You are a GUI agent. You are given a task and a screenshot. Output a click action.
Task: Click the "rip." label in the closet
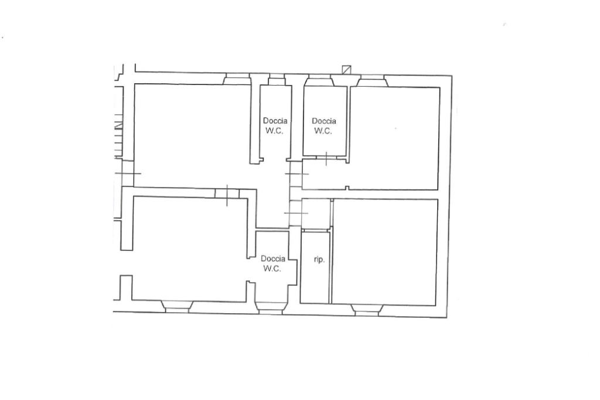(x=319, y=260)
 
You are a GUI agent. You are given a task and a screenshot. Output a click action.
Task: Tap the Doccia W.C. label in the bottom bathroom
(x=272, y=263)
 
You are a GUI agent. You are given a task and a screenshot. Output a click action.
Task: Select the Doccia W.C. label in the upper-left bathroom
(x=275, y=126)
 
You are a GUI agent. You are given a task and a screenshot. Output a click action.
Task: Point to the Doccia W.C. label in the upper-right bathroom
(x=323, y=126)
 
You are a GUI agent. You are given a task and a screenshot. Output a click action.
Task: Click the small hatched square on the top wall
(x=346, y=69)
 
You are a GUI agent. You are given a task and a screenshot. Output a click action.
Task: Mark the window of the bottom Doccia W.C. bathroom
(x=271, y=307)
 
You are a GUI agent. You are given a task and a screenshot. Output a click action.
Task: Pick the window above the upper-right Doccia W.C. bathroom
(x=319, y=80)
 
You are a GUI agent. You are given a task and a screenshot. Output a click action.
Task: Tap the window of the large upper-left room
(x=237, y=79)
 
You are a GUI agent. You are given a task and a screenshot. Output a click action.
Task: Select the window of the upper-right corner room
(x=372, y=81)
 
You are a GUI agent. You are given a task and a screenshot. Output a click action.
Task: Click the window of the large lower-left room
(x=176, y=307)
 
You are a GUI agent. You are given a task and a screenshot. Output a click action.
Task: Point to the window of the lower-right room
(x=367, y=310)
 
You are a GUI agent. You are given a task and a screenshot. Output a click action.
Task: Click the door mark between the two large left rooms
(x=227, y=195)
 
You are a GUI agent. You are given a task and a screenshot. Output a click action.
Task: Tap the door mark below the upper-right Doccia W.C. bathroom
(x=326, y=158)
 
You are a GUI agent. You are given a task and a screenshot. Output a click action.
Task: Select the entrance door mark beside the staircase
(x=128, y=174)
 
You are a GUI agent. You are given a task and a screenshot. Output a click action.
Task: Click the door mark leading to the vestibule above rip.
(x=296, y=213)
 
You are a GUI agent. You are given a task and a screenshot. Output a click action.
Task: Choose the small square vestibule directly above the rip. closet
(x=316, y=214)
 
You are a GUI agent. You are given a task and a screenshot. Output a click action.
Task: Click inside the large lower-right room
(x=384, y=252)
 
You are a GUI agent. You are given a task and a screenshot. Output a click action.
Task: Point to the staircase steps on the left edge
(x=118, y=136)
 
